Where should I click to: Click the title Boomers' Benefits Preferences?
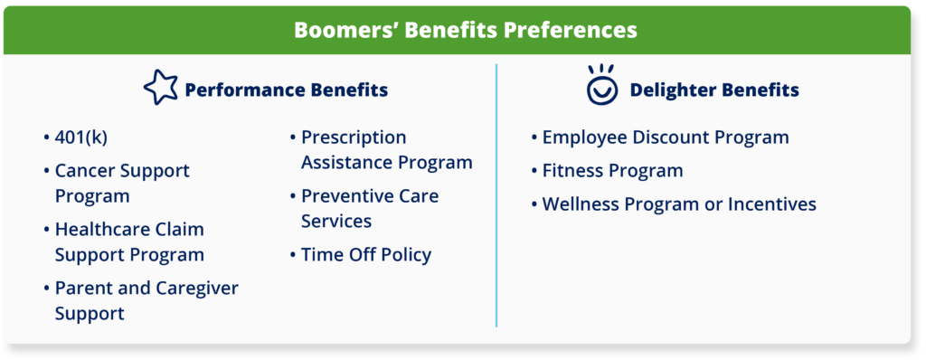pos(465,30)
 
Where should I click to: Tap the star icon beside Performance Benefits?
pos(161,89)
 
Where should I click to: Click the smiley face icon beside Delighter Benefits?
pos(600,85)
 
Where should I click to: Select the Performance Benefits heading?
pos(286,90)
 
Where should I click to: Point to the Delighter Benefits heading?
pos(713,90)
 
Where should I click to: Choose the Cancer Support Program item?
pos(121,183)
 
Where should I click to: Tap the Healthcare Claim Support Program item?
pos(128,242)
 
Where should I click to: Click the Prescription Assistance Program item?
pos(385,150)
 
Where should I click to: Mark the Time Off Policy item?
pos(365,255)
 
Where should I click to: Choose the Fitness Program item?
pos(611,171)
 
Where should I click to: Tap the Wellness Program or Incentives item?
pos(678,204)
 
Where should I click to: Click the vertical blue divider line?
pos(496,194)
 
